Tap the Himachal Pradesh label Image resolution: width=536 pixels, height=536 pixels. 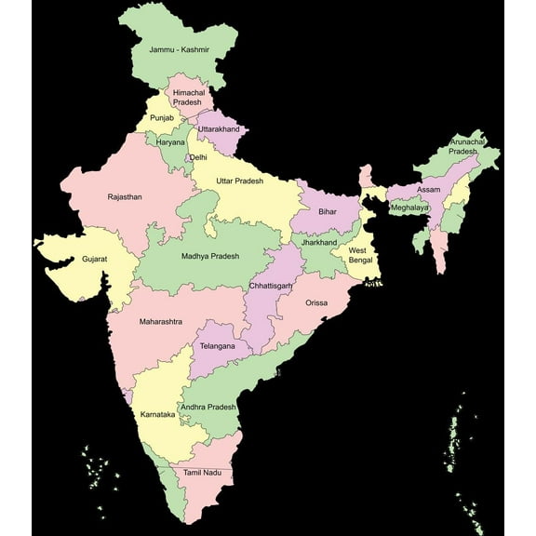(187, 96)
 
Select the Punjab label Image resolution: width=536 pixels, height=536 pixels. (162, 118)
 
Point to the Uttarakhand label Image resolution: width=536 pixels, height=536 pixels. (219, 128)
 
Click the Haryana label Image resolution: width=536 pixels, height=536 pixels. (170, 142)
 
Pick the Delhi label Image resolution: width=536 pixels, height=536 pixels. (198, 158)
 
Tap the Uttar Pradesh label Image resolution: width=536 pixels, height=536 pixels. (239, 181)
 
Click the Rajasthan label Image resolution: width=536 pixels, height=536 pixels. (125, 197)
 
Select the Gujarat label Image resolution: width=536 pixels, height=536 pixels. (95, 259)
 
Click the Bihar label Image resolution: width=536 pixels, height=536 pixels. (327, 212)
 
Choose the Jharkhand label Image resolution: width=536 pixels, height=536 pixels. (317, 241)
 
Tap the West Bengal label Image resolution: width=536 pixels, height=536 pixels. (360, 255)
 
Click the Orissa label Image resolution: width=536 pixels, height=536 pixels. (316, 302)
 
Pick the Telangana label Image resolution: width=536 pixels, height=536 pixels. (217, 346)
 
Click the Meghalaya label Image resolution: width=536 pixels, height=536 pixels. (409, 208)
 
